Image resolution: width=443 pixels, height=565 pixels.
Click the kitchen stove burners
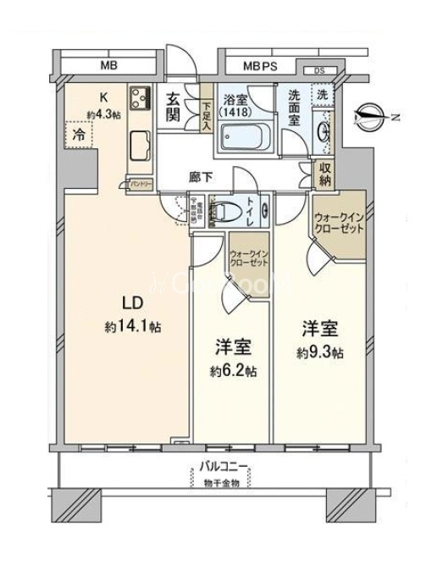coord(141,97)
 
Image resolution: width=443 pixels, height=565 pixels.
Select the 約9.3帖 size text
coord(319,352)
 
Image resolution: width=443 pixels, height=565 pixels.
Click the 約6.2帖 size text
coord(235,370)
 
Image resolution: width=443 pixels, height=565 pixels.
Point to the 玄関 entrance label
coord(174,107)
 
